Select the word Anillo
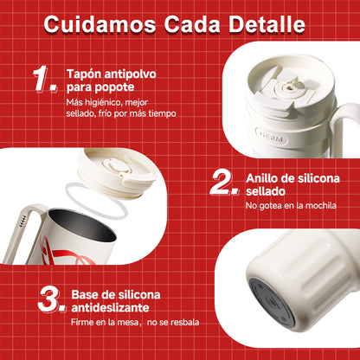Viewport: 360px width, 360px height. point(262,177)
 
